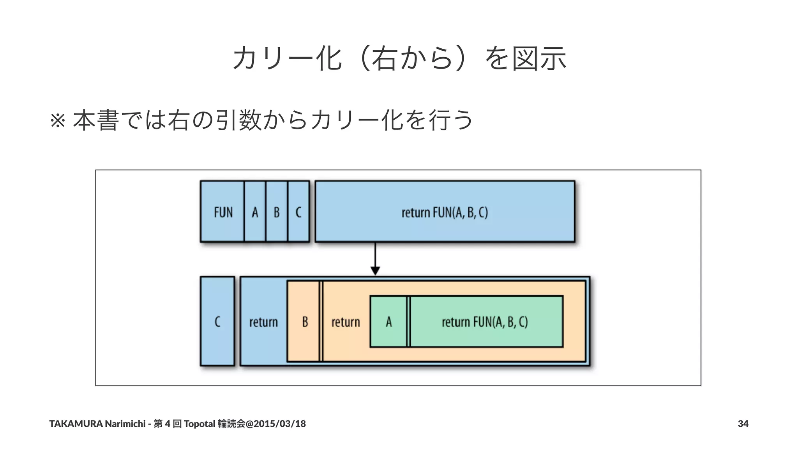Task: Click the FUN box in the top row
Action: [222, 212]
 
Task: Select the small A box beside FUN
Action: [255, 212]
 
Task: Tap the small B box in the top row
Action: [277, 212]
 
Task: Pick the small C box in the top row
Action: [298, 212]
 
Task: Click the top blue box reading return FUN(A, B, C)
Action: [445, 212]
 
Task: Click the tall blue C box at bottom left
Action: [217, 321]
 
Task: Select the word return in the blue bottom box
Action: [263, 322]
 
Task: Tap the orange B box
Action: [305, 322]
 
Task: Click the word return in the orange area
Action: [346, 322]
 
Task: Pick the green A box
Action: [388, 322]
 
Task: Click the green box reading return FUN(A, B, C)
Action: [485, 322]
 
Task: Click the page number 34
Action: [743, 424]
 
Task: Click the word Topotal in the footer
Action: [199, 424]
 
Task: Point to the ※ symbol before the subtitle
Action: [58, 121]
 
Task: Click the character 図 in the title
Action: [525, 58]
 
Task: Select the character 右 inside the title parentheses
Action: [385, 58]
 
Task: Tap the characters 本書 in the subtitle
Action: [96, 120]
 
